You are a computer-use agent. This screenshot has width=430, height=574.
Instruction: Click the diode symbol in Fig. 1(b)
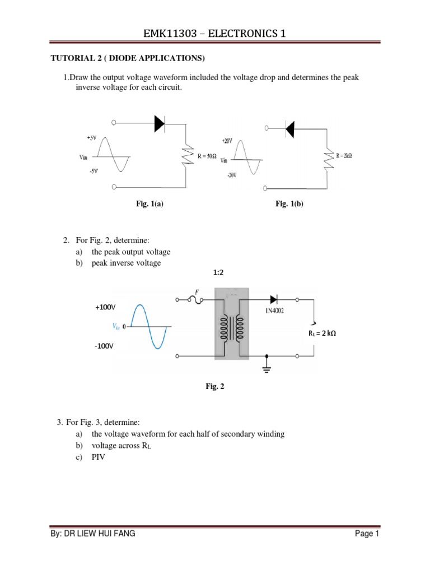click(289, 129)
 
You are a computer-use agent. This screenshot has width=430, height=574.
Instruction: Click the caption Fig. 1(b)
click(288, 205)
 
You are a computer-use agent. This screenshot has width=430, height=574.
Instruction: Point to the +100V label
click(105, 307)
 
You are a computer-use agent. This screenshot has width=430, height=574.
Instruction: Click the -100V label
click(104, 346)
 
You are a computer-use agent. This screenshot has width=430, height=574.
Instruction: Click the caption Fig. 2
click(216, 387)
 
